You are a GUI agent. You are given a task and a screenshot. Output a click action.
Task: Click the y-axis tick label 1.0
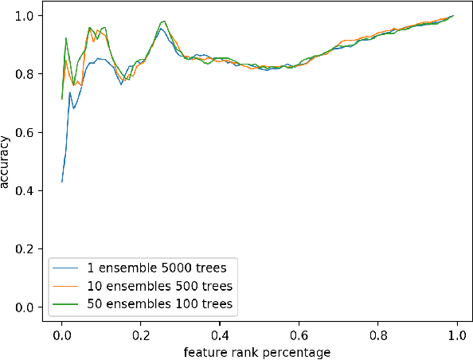click(25, 15)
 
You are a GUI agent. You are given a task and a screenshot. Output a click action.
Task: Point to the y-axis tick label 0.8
click(25, 74)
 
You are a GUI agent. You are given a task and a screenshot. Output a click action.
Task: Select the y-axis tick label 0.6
click(25, 132)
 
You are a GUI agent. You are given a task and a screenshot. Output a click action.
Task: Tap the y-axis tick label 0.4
click(25, 190)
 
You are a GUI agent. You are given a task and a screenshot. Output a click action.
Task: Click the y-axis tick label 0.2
click(25, 249)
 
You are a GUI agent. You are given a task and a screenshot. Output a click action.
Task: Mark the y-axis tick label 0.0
click(25, 307)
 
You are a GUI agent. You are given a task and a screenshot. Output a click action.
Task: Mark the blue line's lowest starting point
click(62, 182)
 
